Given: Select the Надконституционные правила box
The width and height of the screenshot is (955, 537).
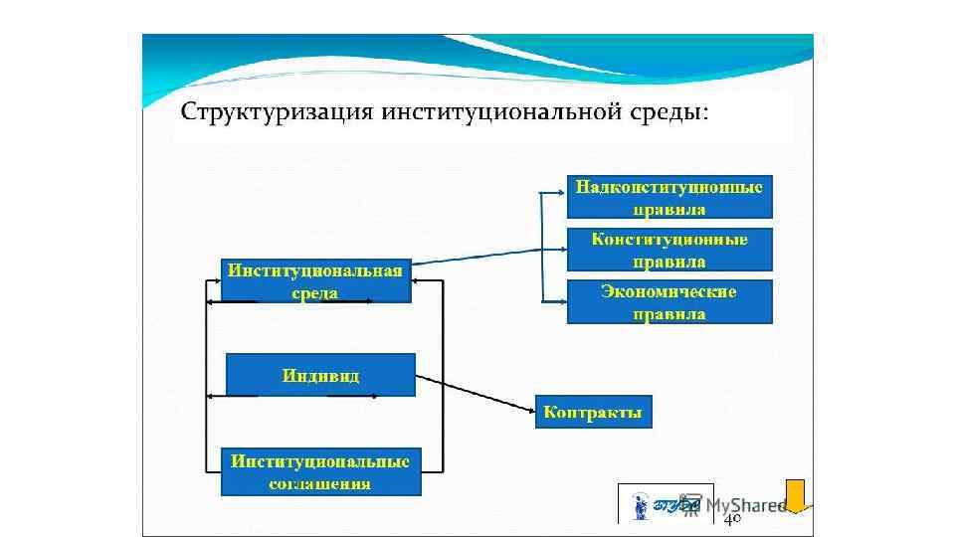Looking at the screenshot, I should tap(669, 197).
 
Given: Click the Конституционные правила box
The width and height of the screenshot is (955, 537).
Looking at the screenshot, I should tap(669, 250).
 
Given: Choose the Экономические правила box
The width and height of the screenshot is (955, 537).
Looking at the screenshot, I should tap(669, 302).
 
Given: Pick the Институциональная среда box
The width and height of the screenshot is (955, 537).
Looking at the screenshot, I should tap(315, 280).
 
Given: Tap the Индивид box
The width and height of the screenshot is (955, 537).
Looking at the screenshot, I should tap(320, 375).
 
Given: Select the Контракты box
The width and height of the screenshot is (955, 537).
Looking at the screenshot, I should tap(594, 412).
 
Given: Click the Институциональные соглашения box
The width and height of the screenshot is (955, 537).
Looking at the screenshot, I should tap(320, 472).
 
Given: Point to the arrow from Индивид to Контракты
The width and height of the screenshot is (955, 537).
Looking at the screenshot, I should tap(476, 393).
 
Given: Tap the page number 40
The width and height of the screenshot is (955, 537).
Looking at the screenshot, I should tap(732, 519).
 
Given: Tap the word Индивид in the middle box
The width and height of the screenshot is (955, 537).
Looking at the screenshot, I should tap(320, 376).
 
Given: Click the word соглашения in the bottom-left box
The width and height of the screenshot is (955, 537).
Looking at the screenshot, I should tap(320, 484).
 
